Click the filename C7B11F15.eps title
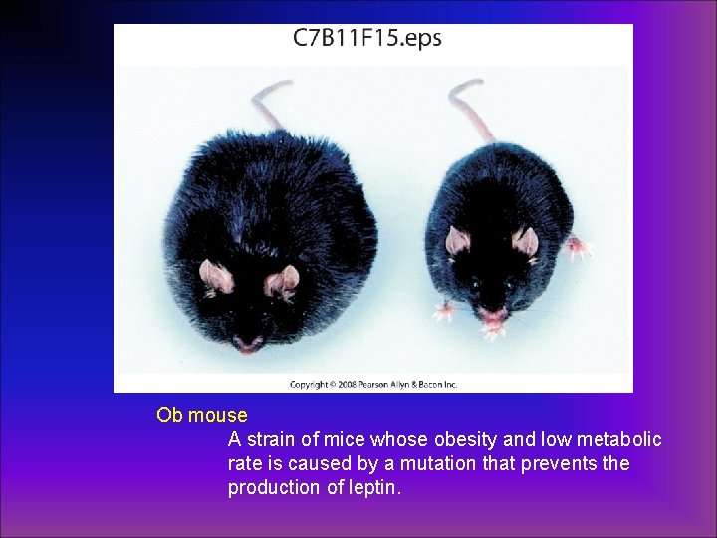click(x=366, y=39)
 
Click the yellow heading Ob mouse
click(x=201, y=413)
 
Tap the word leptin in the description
click(x=372, y=488)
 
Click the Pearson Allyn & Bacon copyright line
click(x=373, y=383)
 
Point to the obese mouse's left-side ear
click(x=213, y=273)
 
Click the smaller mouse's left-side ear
click(x=458, y=240)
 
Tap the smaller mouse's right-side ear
click(x=525, y=241)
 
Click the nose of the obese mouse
click(x=247, y=345)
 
